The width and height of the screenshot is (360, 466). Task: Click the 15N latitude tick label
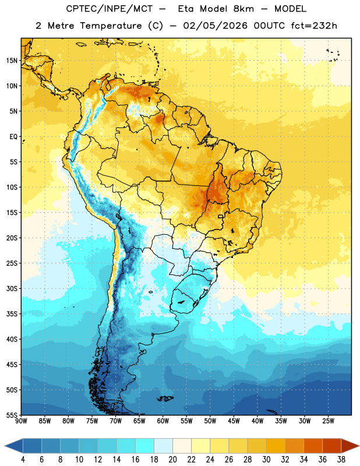tap(12, 61)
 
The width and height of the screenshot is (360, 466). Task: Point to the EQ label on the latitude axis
tap(13, 137)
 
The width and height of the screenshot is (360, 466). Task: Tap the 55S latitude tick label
tap(12, 415)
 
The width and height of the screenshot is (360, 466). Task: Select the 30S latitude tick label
tap(12, 288)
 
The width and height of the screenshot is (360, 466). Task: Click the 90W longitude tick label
tap(21, 421)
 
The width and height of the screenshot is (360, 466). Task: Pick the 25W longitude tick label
tap(328, 421)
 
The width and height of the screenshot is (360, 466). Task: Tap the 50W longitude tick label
tap(210, 421)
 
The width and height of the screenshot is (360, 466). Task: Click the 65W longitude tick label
tap(139, 421)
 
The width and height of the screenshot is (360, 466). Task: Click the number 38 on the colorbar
tap(341, 460)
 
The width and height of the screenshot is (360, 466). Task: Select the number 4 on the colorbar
tap(23, 460)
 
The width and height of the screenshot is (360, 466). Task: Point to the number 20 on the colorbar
tap(172, 460)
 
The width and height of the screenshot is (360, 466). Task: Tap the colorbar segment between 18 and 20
tap(164, 446)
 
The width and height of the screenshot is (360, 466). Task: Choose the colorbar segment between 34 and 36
tap(313, 446)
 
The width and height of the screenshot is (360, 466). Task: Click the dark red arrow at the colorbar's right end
tap(350, 446)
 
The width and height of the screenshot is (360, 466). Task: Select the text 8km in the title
tap(243, 9)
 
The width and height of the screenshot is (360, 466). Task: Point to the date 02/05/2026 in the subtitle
tap(215, 26)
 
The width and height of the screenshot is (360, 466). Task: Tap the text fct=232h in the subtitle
tap(314, 26)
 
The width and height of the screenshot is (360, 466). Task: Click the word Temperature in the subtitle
tap(111, 26)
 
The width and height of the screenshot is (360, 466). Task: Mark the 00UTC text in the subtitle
tap(269, 26)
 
